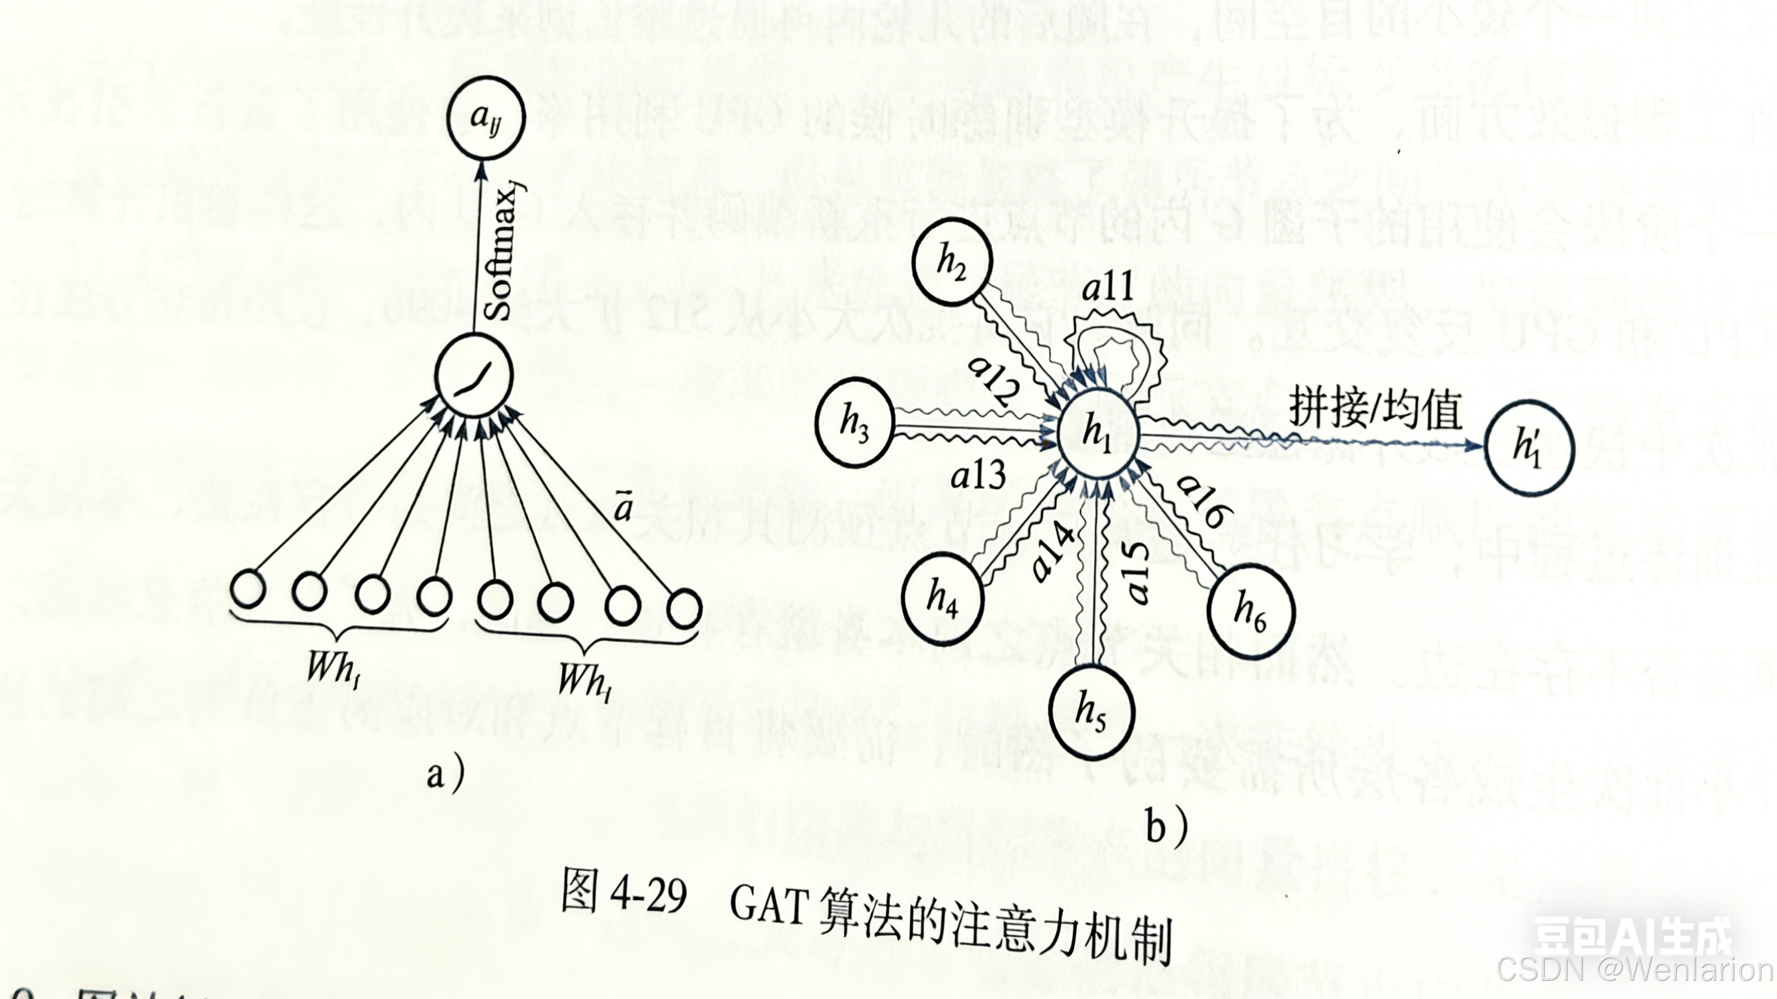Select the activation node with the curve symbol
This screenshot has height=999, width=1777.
pos(475,376)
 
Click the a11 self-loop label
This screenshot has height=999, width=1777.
pos(1108,287)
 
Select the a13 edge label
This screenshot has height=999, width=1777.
pos(978,476)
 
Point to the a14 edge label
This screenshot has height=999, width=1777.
pos(1054,552)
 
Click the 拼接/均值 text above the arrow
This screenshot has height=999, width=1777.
pos(1375,409)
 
